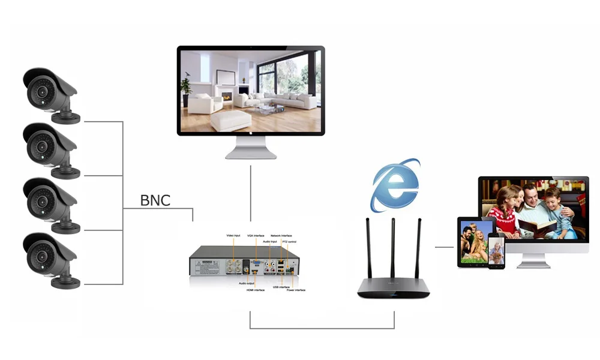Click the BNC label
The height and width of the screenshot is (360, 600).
[155, 200]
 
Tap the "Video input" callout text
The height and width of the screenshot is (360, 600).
[233, 235]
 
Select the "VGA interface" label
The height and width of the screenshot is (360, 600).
[256, 236]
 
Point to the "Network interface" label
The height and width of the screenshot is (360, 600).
[281, 236]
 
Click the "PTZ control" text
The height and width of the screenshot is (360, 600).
[296, 242]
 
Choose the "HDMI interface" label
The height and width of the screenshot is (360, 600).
[255, 290]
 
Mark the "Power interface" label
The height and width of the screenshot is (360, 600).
[296, 290]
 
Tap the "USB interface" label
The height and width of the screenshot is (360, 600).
[281, 287]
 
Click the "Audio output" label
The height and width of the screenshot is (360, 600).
[247, 283]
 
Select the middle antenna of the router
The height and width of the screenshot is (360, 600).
[393, 246]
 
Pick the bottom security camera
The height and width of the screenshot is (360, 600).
[50, 260]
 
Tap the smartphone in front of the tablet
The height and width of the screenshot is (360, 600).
[496, 251]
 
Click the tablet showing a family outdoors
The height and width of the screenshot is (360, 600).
[475, 242]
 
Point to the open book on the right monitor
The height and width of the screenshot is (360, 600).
[538, 226]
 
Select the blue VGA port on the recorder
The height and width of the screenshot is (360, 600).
[256, 262]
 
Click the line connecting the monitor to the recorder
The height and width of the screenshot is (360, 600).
[251, 192]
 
